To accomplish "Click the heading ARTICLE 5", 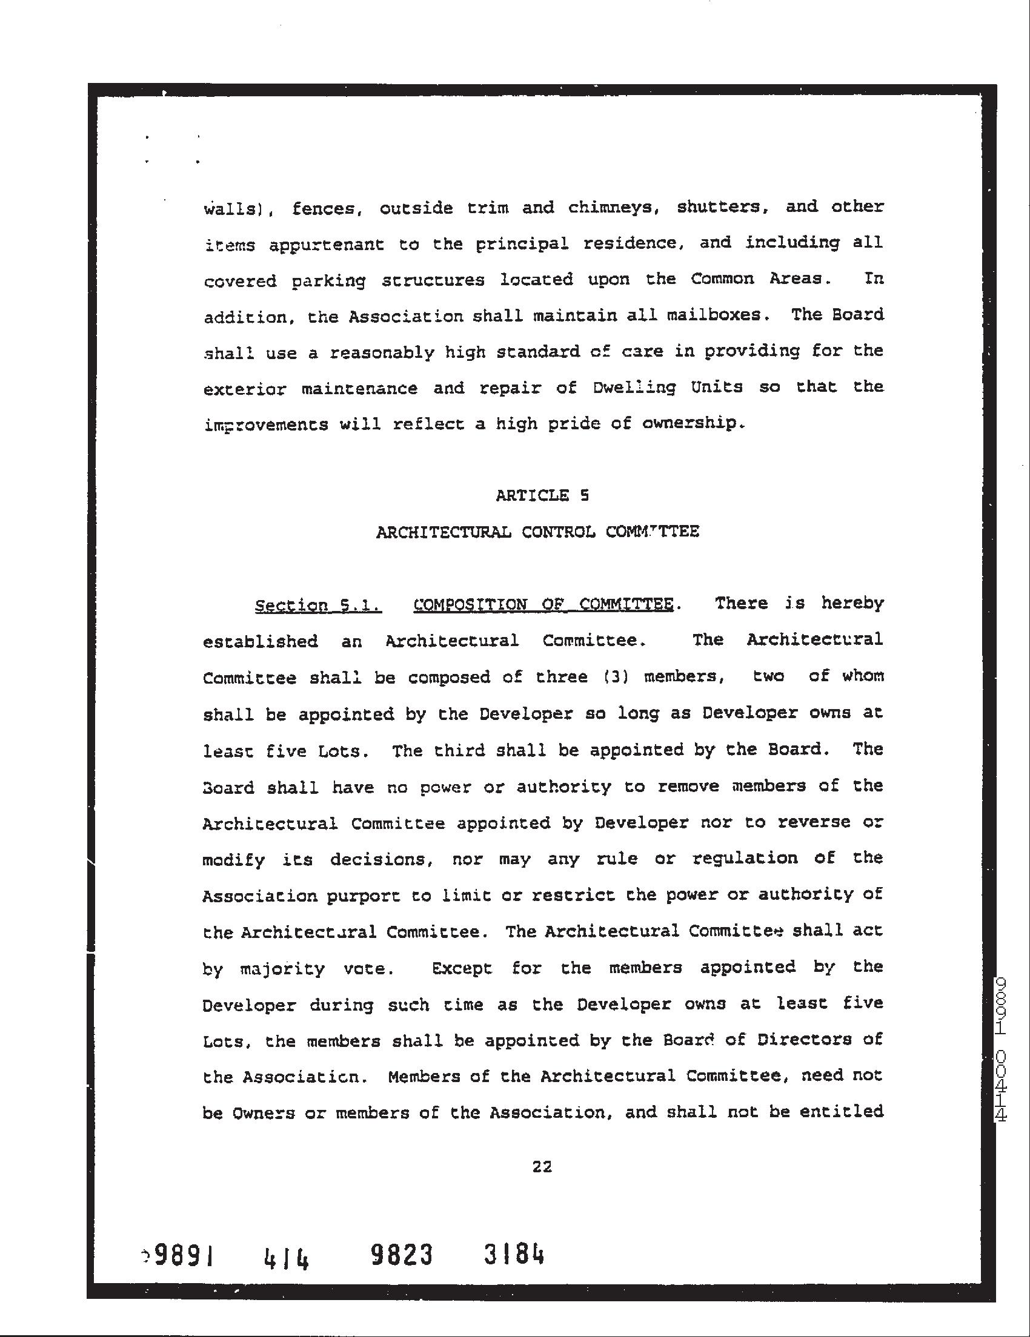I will (542, 495).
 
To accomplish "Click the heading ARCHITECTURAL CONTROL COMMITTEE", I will (537, 532).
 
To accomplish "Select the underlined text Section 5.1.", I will (318, 606).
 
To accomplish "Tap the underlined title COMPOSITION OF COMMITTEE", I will (542, 605).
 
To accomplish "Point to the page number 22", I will (542, 1167).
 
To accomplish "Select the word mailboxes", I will (713, 315).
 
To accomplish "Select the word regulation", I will (745, 858).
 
